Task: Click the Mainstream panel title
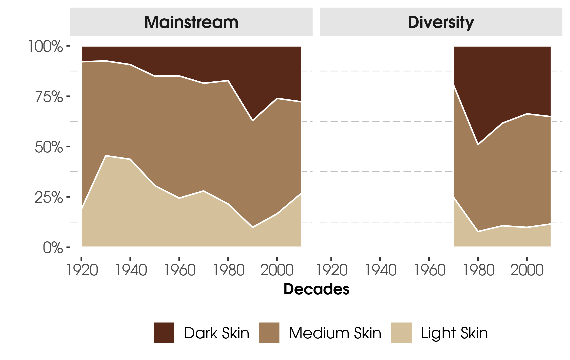pyautogui.click(x=191, y=22)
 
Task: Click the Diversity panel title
pyautogui.click(x=441, y=22)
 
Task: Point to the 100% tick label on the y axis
pyautogui.click(x=45, y=46)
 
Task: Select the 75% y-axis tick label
pyautogui.click(x=49, y=97)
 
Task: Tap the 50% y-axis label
pyautogui.click(x=49, y=147)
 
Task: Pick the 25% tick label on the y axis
pyautogui.click(x=49, y=197)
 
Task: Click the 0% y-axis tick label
pyautogui.click(x=53, y=248)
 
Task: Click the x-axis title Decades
pyautogui.click(x=316, y=289)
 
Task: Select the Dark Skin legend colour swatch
pyautogui.click(x=164, y=333)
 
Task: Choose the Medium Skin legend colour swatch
pyautogui.click(x=269, y=333)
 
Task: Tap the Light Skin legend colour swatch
pyautogui.click(x=401, y=333)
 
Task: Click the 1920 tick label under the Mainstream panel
pyautogui.click(x=82, y=270)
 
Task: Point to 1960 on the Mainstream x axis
pyautogui.click(x=179, y=270)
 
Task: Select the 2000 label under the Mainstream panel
pyautogui.click(x=277, y=270)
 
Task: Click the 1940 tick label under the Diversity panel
pyautogui.click(x=380, y=270)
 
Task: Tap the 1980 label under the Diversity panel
pyautogui.click(x=478, y=270)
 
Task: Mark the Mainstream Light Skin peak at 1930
pyautogui.click(x=106, y=156)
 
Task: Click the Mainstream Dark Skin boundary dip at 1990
pyautogui.click(x=253, y=120)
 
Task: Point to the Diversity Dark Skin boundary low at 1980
pyautogui.click(x=478, y=145)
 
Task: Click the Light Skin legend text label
pyautogui.click(x=454, y=333)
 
